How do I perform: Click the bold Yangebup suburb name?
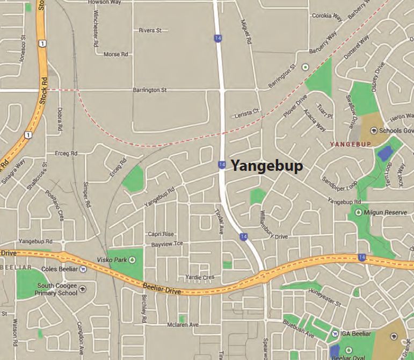(x=267, y=166)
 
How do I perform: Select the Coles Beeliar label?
(x=56, y=269)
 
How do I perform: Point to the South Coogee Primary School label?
(x=56, y=290)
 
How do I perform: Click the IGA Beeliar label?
(x=355, y=334)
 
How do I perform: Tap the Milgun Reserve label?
(x=386, y=213)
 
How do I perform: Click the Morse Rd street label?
(x=115, y=54)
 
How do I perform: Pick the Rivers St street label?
(x=150, y=31)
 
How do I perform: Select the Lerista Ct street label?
(x=246, y=113)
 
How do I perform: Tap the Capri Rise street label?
(x=162, y=234)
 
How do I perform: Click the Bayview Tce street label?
(x=167, y=244)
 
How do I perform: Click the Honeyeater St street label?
(x=325, y=297)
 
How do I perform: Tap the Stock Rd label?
(x=45, y=89)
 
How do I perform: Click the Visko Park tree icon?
(x=132, y=260)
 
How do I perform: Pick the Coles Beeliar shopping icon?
(x=83, y=269)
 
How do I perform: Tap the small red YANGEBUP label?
(x=350, y=144)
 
